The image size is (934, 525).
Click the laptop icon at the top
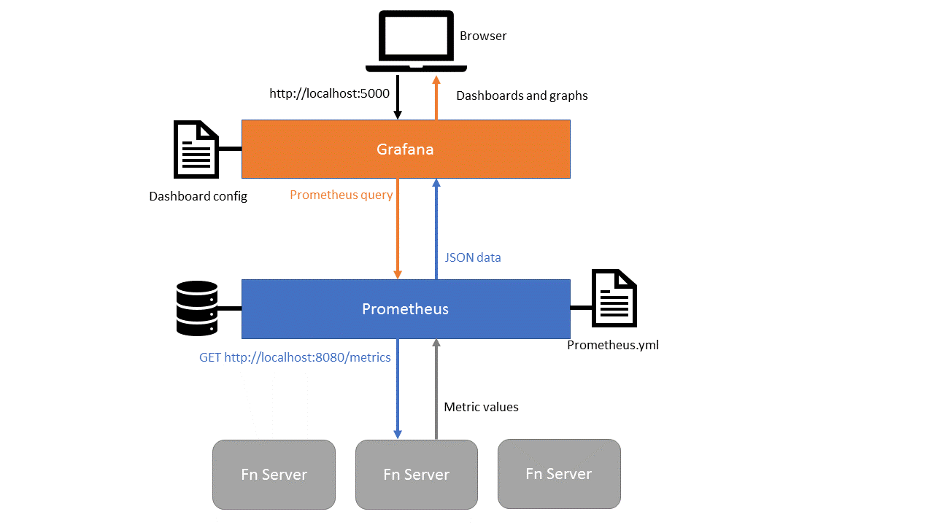tap(416, 42)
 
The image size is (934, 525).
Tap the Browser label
tap(482, 36)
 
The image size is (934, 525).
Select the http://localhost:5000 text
tap(329, 93)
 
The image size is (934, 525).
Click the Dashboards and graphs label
tap(521, 96)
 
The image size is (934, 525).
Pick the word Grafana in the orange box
tap(405, 149)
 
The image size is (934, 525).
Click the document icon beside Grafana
tap(196, 149)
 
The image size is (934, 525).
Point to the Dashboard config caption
tap(198, 196)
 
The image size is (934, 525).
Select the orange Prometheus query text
tap(341, 195)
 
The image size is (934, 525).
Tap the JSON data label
tap(473, 257)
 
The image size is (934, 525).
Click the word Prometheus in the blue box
tap(405, 309)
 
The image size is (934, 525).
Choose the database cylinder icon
tap(197, 308)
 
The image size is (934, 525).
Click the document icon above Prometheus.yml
tap(614, 298)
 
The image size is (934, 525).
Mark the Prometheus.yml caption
tap(612, 345)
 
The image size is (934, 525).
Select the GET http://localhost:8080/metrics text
tap(295, 357)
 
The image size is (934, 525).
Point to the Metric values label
tap(481, 407)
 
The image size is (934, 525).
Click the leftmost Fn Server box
tap(274, 475)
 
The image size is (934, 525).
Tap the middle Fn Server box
tap(416, 475)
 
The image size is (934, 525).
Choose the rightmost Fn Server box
tap(558, 474)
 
